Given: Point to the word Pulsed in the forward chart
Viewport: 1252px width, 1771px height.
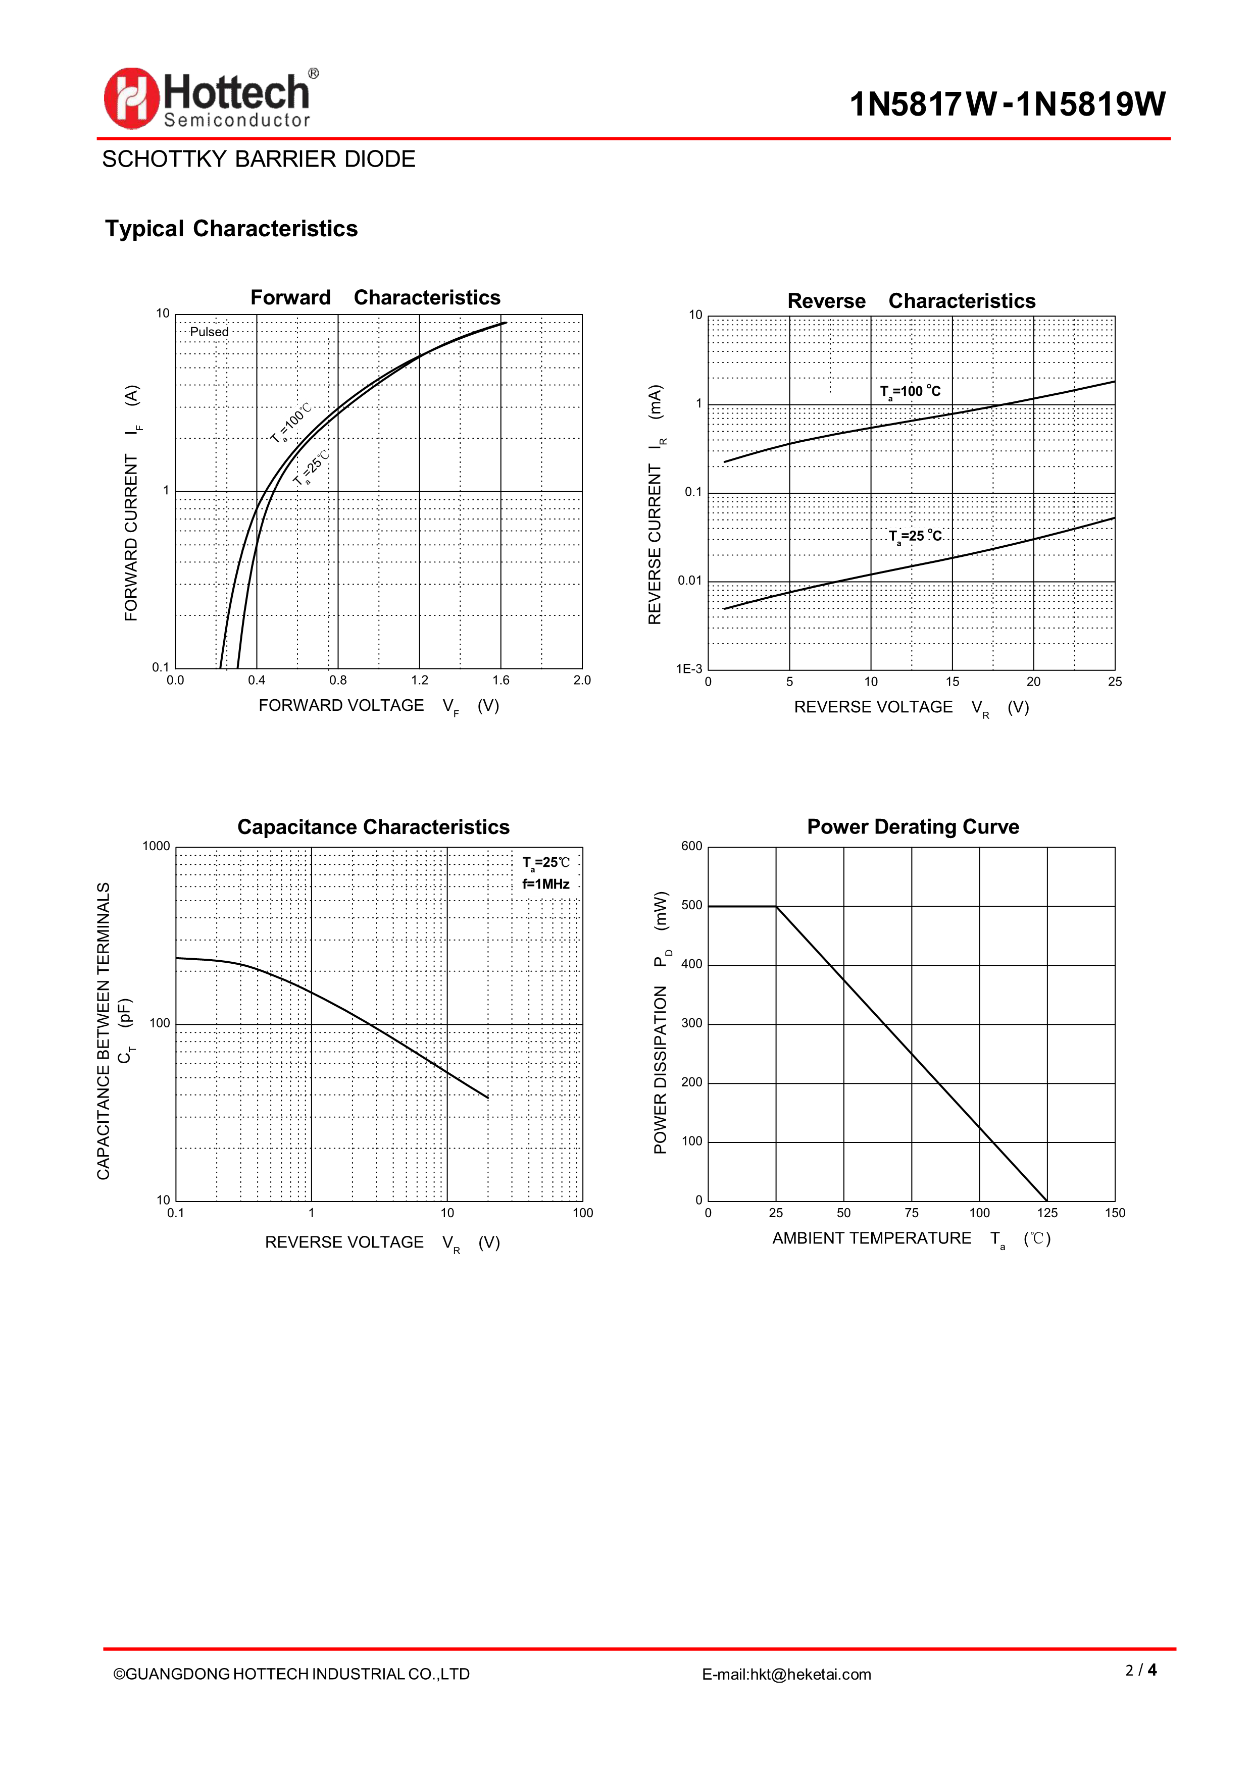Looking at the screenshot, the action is pyautogui.click(x=209, y=332).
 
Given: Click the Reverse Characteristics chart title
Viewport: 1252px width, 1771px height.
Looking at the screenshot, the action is pyautogui.click(x=911, y=301).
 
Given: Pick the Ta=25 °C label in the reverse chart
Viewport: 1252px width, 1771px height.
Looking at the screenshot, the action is pyautogui.click(x=915, y=536).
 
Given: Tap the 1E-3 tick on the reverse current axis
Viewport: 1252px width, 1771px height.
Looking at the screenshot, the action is pyautogui.click(x=689, y=669).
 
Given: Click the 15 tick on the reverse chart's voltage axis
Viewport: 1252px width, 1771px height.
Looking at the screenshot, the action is pyautogui.click(x=952, y=682).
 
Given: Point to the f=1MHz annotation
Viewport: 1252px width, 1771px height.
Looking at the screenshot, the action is pyautogui.click(x=546, y=884).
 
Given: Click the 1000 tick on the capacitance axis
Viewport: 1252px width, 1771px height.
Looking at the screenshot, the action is pyautogui.click(x=156, y=846).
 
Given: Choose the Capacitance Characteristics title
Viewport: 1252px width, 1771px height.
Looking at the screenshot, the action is pyautogui.click(x=373, y=827).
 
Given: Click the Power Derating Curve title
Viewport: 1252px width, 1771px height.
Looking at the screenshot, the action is pyautogui.click(x=913, y=827).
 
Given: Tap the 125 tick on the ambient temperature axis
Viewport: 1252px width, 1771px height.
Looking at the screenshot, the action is pyautogui.click(x=1047, y=1213).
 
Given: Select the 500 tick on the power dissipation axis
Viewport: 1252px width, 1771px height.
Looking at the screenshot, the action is pyautogui.click(x=692, y=906).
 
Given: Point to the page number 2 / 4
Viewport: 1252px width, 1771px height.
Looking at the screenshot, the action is pyautogui.click(x=1141, y=1670).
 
